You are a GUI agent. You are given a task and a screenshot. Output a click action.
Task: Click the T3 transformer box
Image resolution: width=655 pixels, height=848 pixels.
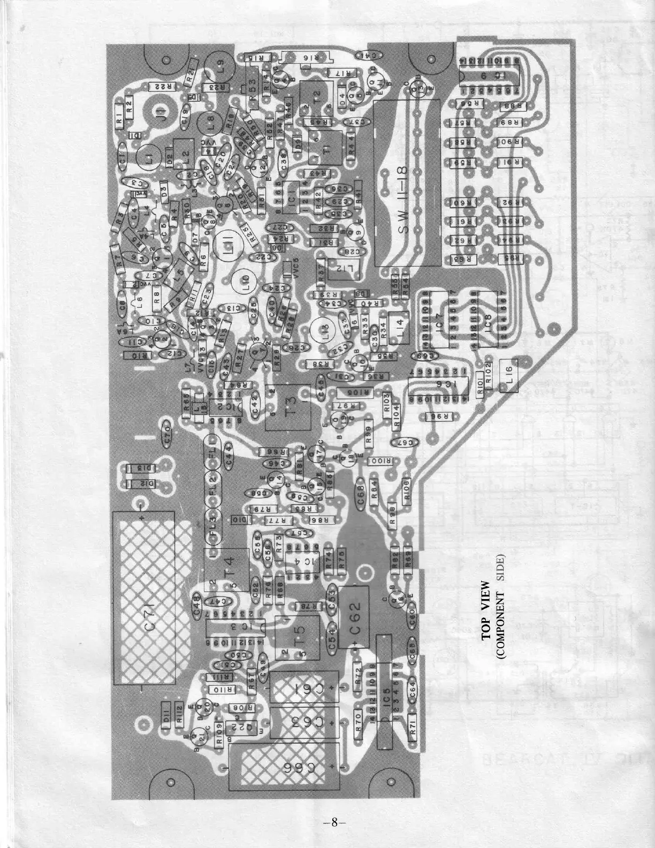tap(289, 407)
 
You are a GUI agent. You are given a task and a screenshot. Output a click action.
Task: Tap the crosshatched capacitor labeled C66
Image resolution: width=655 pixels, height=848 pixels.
tap(283, 767)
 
